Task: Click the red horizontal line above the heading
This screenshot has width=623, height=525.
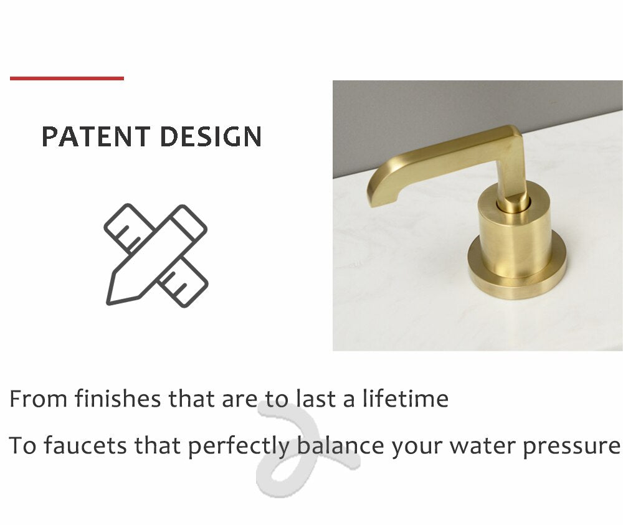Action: pos(67,78)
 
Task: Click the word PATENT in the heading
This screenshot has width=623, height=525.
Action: pos(96,136)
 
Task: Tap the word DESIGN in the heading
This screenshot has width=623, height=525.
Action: pos(211,136)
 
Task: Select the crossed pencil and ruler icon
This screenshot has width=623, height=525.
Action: pos(156,255)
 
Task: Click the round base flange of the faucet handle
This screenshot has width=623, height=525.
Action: pos(516,274)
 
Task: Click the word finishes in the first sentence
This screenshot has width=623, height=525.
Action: pos(118,399)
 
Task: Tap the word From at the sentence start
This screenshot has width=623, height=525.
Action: pos(38,399)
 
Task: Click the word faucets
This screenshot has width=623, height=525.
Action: pos(85,445)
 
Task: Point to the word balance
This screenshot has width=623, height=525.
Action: pos(341,445)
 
